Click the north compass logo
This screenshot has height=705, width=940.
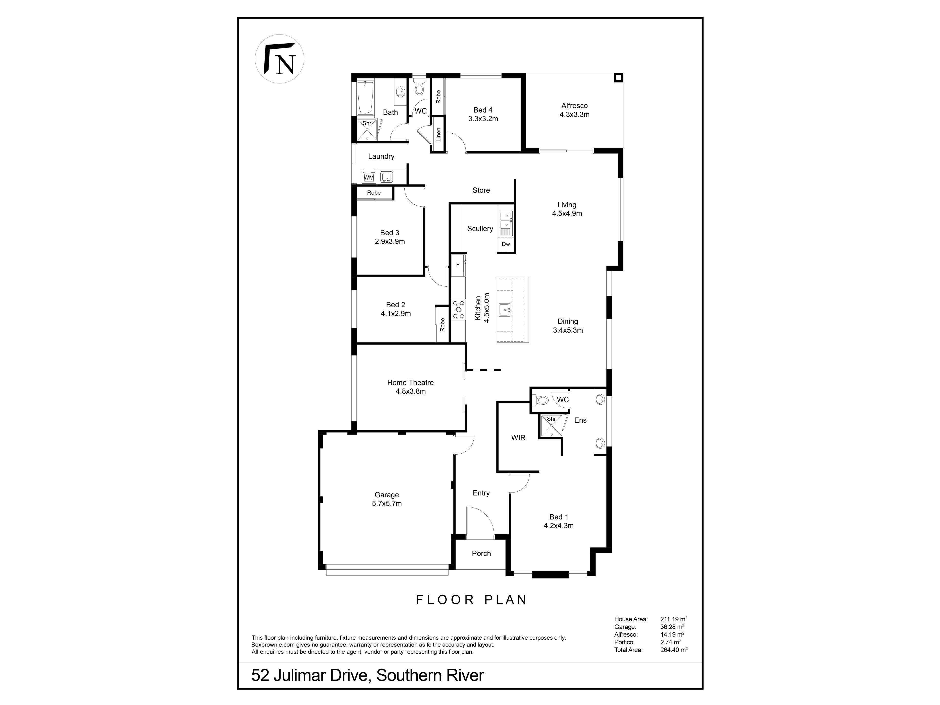point(280,59)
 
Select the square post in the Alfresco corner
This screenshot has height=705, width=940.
point(618,78)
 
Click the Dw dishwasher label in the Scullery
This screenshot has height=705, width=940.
point(506,244)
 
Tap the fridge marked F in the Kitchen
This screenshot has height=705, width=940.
point(458,265)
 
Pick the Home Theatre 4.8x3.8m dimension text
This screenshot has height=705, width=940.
point(411,391)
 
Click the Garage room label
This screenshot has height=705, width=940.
point(387,495)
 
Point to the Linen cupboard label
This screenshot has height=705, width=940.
point(438,134)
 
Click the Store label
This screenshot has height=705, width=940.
point(481,190)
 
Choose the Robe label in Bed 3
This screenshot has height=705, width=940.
point(374,192)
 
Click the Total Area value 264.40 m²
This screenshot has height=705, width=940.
point(674,650)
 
